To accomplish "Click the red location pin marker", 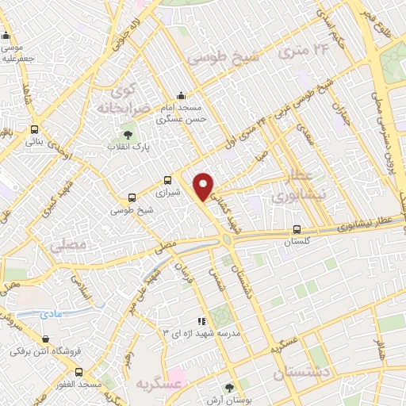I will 205,187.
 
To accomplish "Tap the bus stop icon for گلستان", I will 297,231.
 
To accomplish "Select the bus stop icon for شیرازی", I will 167,180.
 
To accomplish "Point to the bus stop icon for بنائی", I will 34,130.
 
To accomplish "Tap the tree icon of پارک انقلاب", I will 128,134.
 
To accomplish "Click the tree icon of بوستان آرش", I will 230,388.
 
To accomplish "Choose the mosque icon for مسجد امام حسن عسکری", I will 182,95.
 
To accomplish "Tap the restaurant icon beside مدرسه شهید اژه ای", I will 201,321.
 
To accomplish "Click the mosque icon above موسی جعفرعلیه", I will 7,35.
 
